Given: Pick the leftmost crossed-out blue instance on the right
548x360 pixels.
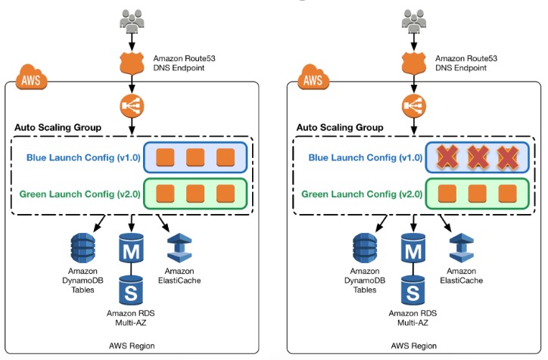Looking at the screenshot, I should pyautogui.click(x=448, y=157).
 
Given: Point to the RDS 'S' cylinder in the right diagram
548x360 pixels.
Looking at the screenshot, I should pyautogui.click(x=413, y=290).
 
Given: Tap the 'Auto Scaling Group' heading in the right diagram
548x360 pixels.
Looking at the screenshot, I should pyautogui.click(x=340, y=128).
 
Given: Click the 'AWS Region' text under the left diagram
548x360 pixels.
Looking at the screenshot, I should pyautogui.click(x=132, y=345).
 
